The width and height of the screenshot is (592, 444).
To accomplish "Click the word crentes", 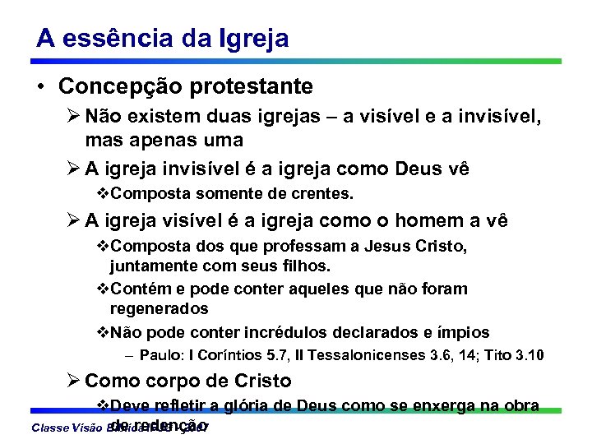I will (x=321, y=194).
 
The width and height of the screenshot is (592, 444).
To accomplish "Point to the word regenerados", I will (x=160, y=309).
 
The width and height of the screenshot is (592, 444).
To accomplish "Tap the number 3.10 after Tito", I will (x=525, y=356).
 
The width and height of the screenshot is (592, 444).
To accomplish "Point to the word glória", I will (x=242, y=406).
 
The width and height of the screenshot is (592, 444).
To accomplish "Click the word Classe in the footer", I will (x=47, y=428).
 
